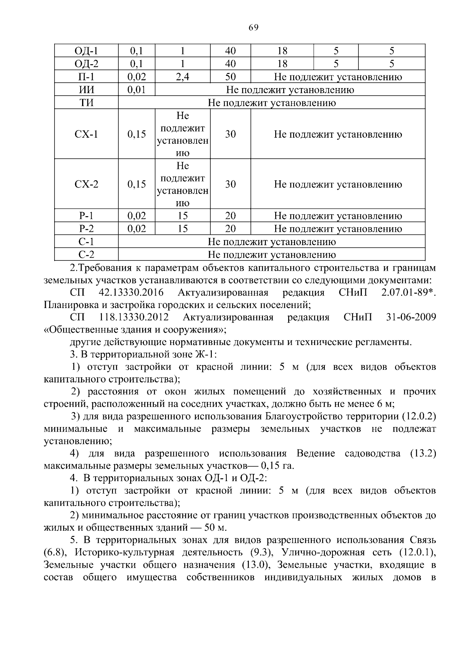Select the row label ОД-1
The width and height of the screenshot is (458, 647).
[x=86, y=51]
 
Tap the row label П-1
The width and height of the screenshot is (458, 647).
[x=86, y=77]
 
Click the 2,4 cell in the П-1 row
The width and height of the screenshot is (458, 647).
[x=182, y=77]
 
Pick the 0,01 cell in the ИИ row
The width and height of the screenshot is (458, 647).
[x=137, y=90]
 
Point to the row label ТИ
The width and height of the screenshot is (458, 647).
[x=86, y=103]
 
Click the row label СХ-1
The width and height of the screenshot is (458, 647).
[x=86, y=134]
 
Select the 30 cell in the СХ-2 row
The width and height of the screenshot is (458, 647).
[x=230, y=185]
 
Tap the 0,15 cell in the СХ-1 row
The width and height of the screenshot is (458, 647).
[x=137, y=134]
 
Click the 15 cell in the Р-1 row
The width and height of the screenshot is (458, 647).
[x=182, y=216]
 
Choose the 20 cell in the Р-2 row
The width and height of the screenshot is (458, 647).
[x=230, y=229]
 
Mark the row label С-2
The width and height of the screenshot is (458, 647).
[x=86, y=255]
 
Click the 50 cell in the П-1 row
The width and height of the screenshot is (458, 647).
[x=230, y=77]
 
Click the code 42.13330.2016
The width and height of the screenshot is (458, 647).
[x=131, y=293]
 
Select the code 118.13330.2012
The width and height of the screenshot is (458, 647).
[x=134, y=318]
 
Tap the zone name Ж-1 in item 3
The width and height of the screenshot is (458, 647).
[x=205, y=355]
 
